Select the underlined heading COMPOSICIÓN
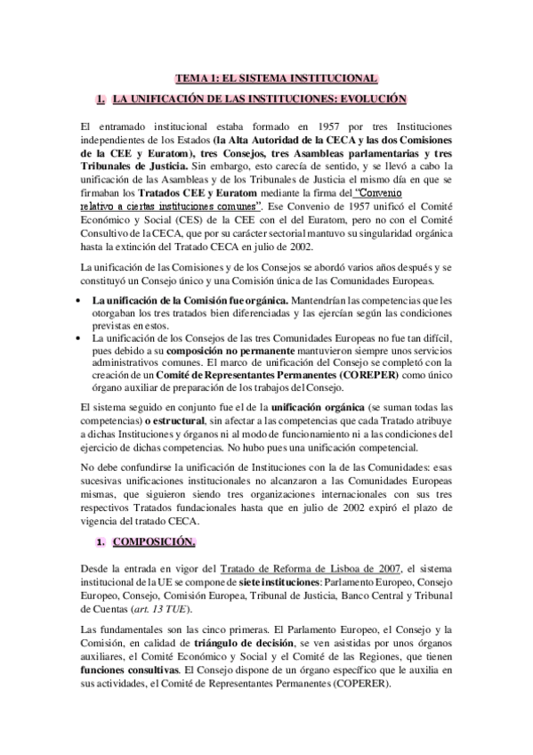tap(153, 541)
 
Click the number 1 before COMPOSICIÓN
tap(101, 541)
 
